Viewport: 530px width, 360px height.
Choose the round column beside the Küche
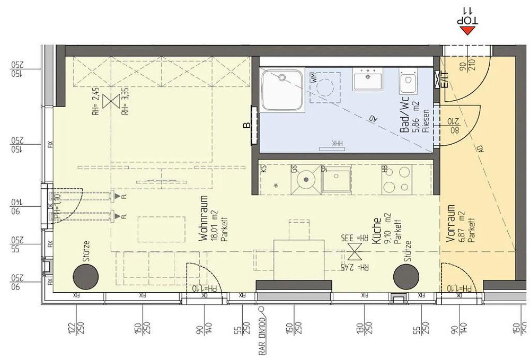[x=405, y=275]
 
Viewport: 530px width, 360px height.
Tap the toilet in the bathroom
[x=408, y=83]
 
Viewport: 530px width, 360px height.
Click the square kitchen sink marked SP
[x=336, y=180]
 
